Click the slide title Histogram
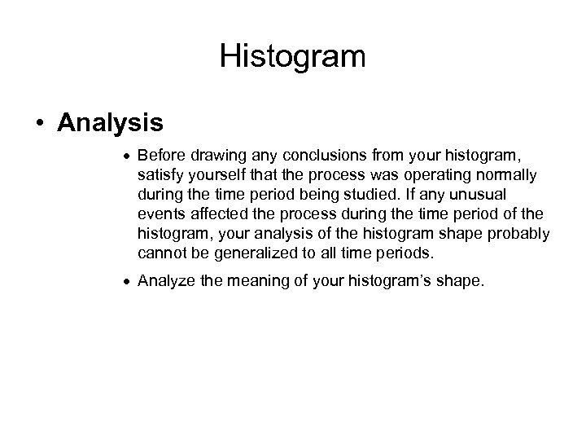click(x=293, y=57)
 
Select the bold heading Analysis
click(x=110, y=123)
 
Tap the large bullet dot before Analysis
click(x=40, y=124)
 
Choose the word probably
click(x=517, y=234)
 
